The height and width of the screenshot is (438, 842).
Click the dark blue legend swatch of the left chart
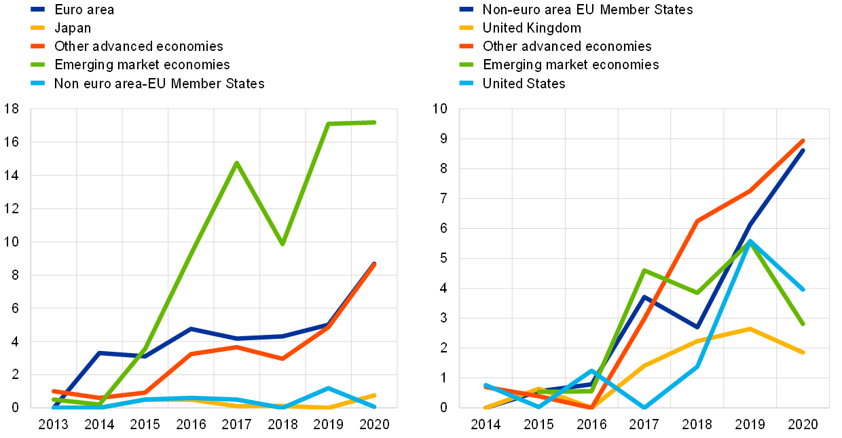(38, 10)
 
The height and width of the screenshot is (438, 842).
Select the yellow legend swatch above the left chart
(38, 28)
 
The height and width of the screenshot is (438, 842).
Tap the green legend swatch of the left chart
(38, 65)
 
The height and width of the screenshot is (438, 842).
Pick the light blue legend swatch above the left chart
(38, 83)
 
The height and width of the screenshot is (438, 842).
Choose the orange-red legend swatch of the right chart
(466, 46)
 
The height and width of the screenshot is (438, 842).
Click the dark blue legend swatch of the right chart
(466, 10)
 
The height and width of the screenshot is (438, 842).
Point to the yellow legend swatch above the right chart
(466, 28)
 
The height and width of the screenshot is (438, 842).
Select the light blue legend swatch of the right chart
(466, 83)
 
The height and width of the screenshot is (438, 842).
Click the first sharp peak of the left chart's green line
(236, 162)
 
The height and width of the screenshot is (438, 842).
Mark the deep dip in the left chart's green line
(282, 244)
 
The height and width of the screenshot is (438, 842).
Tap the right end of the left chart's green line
(375, 122)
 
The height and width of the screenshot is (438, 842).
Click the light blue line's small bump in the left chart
(328, 388)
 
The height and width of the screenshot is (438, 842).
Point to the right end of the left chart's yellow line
(375, 395)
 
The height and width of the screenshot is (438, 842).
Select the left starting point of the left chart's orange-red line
(53, 391)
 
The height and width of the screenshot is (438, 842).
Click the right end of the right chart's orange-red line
(803, 141)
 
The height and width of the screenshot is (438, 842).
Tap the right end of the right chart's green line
(803, 324)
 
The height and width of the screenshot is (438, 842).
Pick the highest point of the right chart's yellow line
(750, 329)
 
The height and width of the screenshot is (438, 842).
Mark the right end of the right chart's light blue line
(803, 290)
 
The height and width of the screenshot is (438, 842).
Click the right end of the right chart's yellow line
(803, 352)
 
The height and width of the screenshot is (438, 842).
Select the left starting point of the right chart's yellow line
(485, 407)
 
